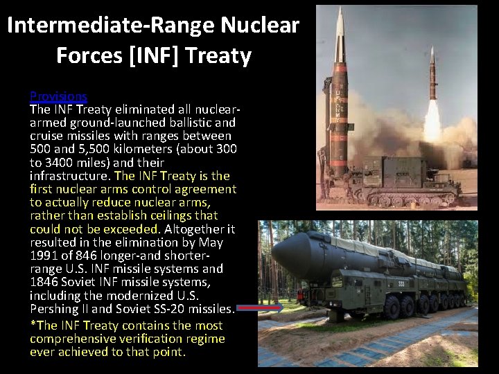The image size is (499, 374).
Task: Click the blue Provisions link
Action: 58,96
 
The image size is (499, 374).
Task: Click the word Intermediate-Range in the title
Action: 111,26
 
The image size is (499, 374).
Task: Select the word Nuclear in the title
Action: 261,26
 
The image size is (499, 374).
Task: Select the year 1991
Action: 44,256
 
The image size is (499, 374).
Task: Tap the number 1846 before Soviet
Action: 44,282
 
